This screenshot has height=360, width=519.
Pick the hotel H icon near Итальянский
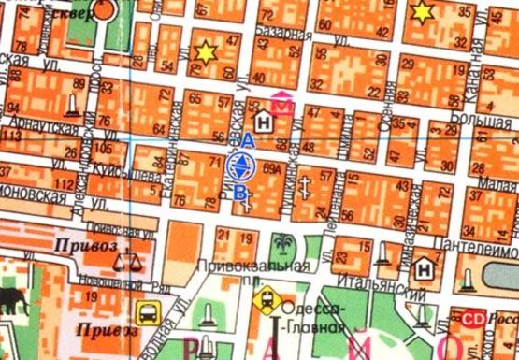click(425, 267)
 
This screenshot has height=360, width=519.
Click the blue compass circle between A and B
click(239, 166)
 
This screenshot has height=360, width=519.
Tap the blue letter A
click(247, 139)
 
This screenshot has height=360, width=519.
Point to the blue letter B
click(240, 193)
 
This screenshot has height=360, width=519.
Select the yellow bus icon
click(147, 312)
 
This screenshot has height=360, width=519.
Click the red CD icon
click(474, 318)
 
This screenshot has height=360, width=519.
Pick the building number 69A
click(272, 169)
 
